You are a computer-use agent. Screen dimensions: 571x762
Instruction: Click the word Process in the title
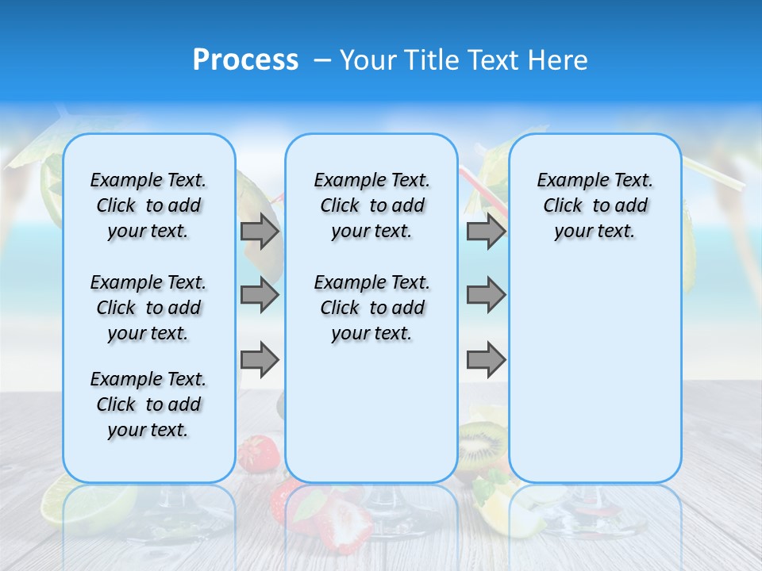(245, 60)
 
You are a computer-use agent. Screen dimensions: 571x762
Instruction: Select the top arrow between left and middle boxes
(260, 232)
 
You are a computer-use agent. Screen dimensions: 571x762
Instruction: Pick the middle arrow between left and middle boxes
(260, 295)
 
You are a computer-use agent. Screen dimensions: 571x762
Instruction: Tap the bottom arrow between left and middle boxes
(260, 359)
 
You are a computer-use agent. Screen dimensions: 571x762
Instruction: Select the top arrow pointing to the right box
(486, 232)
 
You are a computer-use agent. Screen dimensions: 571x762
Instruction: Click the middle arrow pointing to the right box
(486, 295)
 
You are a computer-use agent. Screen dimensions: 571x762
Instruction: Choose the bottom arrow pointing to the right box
(486, 359)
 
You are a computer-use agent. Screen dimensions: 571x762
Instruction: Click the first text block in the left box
(148, 205)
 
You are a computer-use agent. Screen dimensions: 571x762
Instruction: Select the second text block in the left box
(148, 308)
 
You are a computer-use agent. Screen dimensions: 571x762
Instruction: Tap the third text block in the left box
(148, 404)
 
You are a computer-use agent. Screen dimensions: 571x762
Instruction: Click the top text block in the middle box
(371, 205)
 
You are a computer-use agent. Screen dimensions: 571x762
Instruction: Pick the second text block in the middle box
(371, 308)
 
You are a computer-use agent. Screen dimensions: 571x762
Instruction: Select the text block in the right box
(595, 205)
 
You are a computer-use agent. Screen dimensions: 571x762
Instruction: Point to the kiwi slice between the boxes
(481, 444)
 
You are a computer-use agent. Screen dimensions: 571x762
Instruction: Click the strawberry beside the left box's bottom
(260, 454)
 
